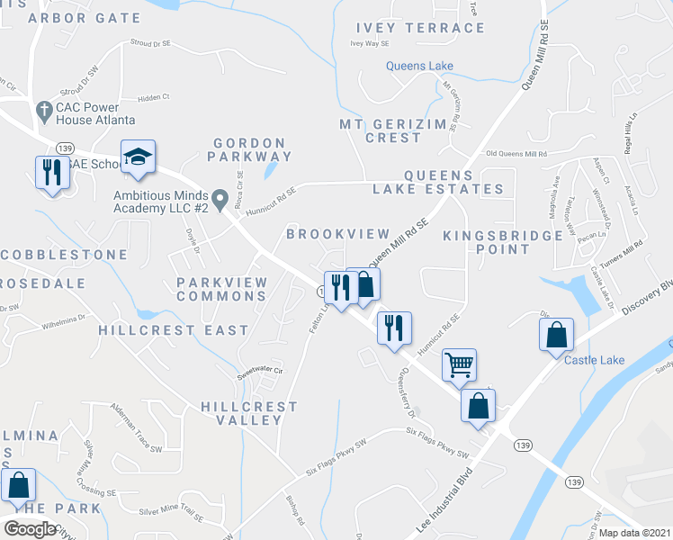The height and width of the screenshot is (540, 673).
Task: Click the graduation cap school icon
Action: click(x=138, y=157)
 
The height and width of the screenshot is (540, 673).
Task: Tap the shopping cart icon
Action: click(x=459, y=365)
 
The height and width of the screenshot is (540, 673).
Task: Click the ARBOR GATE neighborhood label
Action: click(x=85, y=18)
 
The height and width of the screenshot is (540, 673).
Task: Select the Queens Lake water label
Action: click(x=419, y=66)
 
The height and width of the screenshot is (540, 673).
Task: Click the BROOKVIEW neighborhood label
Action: click(x=337, y=234)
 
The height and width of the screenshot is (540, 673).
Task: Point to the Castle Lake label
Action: click(x=594, y=361)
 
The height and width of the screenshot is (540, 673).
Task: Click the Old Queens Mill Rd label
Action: click(x=516, y=154)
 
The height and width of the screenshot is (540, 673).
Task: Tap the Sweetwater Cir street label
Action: click(x=260, y=370)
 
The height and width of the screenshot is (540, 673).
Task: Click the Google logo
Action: click(x=30, y=528)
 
